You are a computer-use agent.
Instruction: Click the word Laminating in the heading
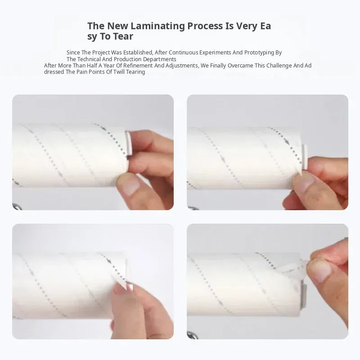[x=157, y=26]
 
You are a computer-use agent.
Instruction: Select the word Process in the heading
[x=205, y=26]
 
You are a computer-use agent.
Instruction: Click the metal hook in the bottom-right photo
[x=193, y=335]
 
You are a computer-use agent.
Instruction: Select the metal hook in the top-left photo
[x=18, y=207]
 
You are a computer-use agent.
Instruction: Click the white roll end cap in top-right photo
[x=305, y=157]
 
